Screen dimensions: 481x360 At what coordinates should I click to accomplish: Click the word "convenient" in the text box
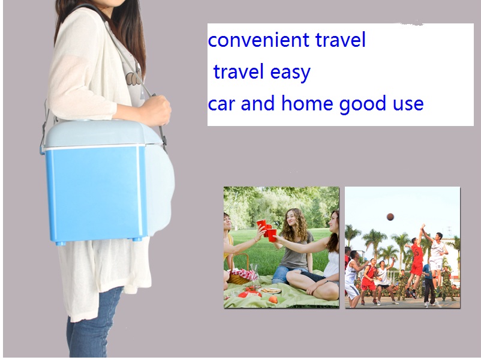258,40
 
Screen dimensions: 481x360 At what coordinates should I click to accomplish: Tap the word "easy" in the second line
290,73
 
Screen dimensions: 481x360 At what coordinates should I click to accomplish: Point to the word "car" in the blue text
221,104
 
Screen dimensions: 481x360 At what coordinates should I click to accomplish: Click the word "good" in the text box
362,104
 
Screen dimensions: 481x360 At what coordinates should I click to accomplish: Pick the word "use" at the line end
408,104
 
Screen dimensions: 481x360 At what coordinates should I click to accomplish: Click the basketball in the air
390,217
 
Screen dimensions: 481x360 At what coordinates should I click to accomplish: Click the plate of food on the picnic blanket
270,290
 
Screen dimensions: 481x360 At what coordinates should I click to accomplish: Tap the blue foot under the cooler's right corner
137,239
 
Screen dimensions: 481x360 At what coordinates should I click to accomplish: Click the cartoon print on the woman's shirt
134,77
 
